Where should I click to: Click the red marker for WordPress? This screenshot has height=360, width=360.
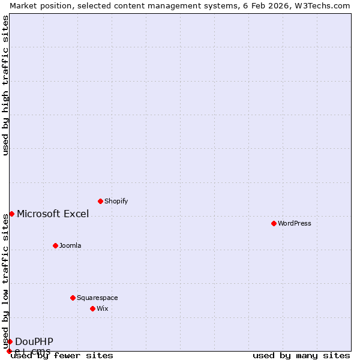click(274, 223)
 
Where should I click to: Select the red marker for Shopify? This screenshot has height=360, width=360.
click(100, 201)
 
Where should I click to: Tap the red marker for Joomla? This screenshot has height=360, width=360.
click(55, 245)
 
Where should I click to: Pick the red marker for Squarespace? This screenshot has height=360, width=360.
click(73, 298)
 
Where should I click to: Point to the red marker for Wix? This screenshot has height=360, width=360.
click(92, 308)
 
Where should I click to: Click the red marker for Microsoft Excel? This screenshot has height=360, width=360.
click(11, 214)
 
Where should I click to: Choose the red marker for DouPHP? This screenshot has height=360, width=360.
click(10, 341)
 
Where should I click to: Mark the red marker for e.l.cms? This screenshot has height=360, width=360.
click(9, 351)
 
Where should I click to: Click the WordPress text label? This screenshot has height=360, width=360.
click(294, 223)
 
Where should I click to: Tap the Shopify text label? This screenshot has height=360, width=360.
click(116, 201)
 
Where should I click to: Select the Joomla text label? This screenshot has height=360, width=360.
click(70, 245)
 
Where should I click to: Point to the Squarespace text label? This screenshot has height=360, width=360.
click(97, 298)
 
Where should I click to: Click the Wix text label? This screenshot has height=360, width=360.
click(102, 308)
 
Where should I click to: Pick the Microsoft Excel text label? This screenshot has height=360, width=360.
click(53, 214)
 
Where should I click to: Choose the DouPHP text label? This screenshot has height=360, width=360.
click(34, 341)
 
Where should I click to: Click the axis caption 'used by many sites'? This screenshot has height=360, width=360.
click(301, 355)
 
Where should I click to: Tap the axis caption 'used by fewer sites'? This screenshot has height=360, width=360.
click(62, 355)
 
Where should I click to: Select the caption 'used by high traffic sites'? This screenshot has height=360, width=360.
click(5, 85)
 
